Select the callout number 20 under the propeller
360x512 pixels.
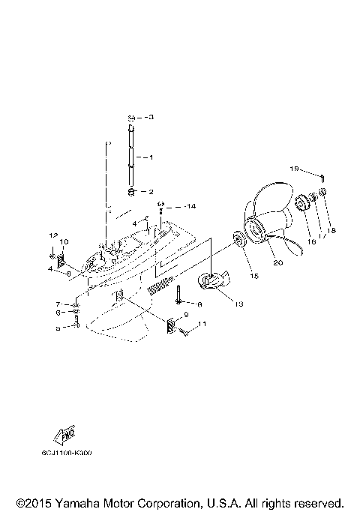click(278, 262)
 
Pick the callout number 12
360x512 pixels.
click(53, 235)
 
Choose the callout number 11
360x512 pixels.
click(202, 325)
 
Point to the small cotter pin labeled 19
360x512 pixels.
click(322, 178)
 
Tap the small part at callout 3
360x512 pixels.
click(130, 118)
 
